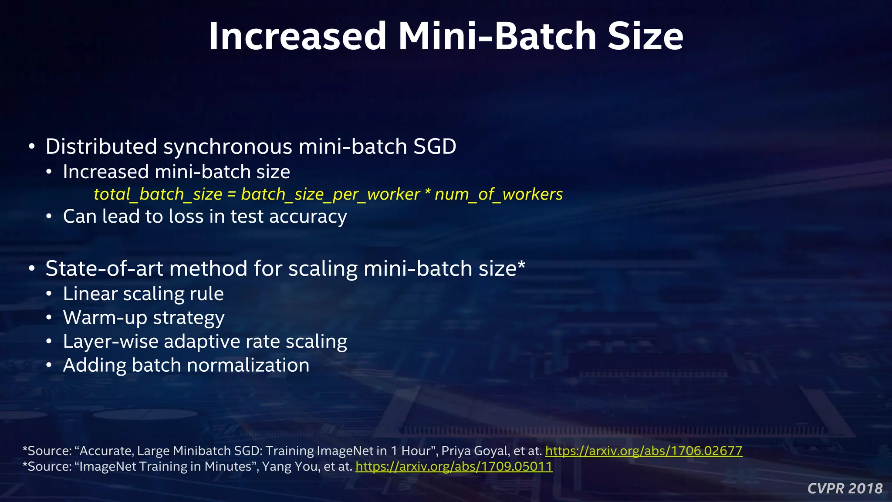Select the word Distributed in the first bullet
(x=101, y=146)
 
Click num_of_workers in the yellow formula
(x=499, y=194)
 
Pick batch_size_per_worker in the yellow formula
(x=330, y=194)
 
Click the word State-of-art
(x=104, y=268)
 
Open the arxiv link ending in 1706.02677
(x=643, y=451)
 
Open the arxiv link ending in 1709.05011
(x=454, y=467)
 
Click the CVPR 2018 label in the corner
(x=845, y=488)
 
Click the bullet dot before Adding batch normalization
(x=50, y=365)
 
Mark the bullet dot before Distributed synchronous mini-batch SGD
(x=32, y=146)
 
